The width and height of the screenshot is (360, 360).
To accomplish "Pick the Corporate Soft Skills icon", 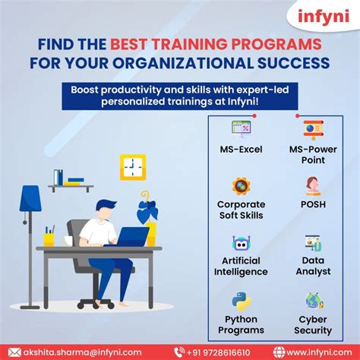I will (x=241, y=186).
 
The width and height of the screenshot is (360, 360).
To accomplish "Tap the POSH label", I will (x=313, y=204).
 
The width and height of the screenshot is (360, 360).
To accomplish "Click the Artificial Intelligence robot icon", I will (x=241, y=243).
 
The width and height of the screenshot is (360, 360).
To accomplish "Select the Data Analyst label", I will (x=313, y=265).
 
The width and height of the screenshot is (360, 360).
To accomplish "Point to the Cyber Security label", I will (x=313, y=325).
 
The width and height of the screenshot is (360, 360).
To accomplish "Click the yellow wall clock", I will (x=133, y=166).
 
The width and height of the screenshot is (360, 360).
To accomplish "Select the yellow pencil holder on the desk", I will (x=49, y=239).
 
